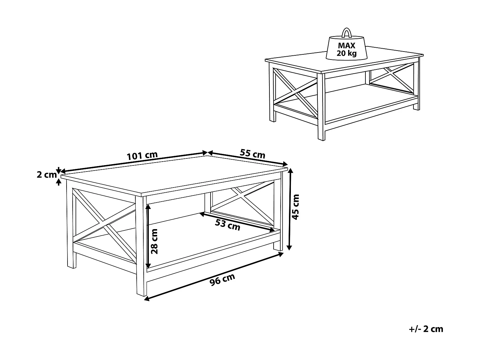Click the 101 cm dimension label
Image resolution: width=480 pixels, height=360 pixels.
pos(142,156)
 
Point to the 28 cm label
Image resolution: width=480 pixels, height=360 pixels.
pos(154,241)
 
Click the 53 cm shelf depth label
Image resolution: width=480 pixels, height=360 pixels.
pos(227,225)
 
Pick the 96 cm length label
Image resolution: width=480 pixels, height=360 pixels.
pos(222,279)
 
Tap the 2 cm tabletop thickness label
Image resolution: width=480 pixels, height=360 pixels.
pos(46,175)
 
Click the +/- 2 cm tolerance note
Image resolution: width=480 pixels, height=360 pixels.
pos(426,329)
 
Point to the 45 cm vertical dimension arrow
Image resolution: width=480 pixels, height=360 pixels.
pos(290,210)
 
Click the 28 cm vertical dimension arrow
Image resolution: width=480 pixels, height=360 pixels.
pos(148,237)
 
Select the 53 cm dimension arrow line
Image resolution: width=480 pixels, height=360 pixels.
pos(237,221)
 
